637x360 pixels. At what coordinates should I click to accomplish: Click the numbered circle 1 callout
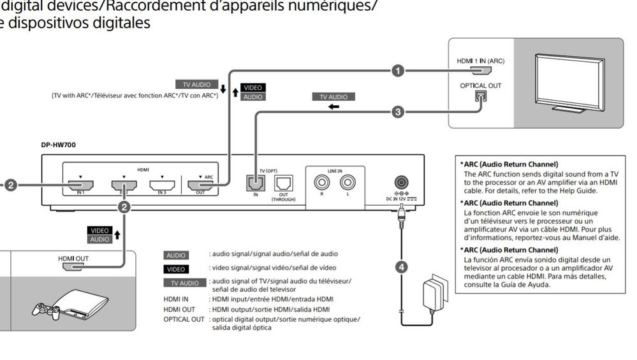point(398,70)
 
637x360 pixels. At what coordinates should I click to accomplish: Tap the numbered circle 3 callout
point(398,112)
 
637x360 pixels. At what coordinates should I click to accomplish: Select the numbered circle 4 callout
point(401,267)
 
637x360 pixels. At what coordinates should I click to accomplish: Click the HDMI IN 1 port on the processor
point(80,186)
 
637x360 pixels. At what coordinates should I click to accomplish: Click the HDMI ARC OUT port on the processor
point(200,186)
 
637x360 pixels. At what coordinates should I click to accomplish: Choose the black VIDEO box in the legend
point(177,269)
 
